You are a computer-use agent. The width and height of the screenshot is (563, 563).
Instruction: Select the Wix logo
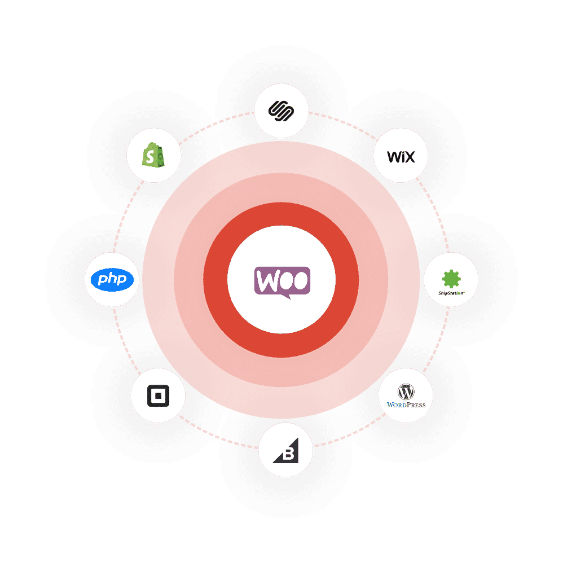click(x=401, y=156)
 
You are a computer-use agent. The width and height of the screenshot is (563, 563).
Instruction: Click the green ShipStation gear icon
click(x=451, y=278)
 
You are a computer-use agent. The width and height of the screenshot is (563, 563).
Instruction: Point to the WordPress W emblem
click(x=406, y=391)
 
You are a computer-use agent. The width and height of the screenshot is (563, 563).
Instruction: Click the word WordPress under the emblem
click(x=406, y=404)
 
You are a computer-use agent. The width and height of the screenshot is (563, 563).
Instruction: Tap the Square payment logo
click(x=157, y=396)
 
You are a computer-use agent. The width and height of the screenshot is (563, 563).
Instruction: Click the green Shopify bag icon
click(x=153, y=154)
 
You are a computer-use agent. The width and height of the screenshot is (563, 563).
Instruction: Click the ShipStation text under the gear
click(x=451, y=293)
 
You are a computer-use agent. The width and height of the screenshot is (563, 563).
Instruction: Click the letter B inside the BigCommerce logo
click(x=288, y=455)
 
